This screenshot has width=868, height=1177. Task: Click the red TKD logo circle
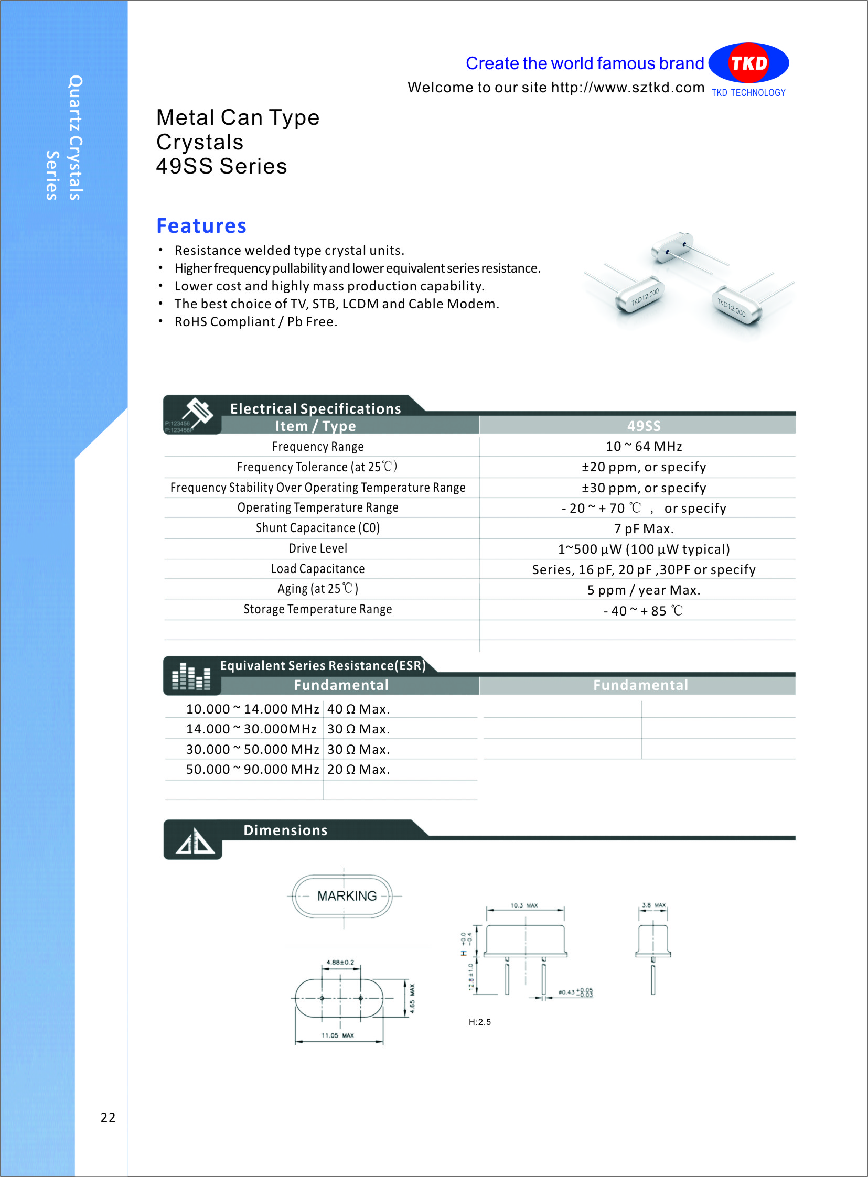click(x=748, y=63)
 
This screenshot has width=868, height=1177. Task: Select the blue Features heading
click(x=201, y=226)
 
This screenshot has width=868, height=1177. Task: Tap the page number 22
click(x=108, y=1117)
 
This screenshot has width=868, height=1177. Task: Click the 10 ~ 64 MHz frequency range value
click(x=643, y=447)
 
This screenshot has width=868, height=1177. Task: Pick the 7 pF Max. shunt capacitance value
click(x=643, y=528)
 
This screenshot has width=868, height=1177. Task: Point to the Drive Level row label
click(x=318, y=548)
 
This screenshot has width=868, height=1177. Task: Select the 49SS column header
click(x=643, y=426)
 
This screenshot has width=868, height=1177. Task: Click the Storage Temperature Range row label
click(x=318, y=609)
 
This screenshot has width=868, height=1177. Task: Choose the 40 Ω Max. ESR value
click(x=358, y=709)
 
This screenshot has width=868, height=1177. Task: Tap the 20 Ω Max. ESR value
click(x=358, y=770)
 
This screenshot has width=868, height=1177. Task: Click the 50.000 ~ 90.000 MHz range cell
click(x=252, y=770)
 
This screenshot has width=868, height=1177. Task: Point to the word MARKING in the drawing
click(x=347, y=896)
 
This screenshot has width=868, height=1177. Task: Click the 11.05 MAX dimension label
click(x=337, y=1036)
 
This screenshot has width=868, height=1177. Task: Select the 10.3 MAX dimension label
click(x=524, y=905)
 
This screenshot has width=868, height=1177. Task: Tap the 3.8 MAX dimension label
click(x=653, y=905)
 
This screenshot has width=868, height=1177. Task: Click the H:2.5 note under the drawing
click(x=480, y=1022)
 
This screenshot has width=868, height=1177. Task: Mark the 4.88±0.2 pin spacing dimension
click(x=340, y=963)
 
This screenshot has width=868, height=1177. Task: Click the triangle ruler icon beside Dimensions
click(x=194, y=841)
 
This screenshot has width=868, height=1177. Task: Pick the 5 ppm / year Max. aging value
click(x=643, y=590)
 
